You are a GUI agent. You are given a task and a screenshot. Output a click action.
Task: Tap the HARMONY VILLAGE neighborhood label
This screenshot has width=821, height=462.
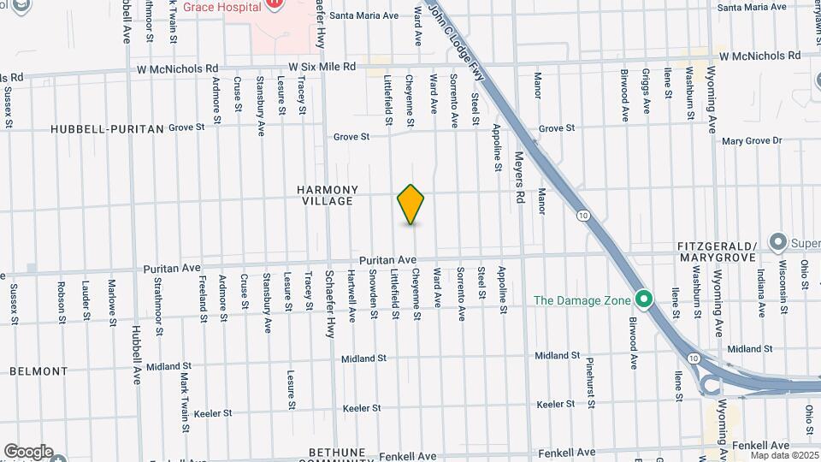point(327,195)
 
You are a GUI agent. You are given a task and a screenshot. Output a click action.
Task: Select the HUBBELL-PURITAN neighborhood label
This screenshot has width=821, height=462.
point(107,128)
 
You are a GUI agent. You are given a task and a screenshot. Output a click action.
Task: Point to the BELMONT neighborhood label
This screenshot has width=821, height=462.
point(38,371)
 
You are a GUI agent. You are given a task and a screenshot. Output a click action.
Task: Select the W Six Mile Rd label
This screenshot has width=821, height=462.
point(322,66)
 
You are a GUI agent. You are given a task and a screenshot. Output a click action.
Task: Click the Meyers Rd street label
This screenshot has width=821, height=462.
point(518,178)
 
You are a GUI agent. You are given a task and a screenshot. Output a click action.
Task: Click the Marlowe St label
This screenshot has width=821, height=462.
point(111,300)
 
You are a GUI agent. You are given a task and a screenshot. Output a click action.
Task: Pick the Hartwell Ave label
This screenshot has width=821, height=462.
point(351,296)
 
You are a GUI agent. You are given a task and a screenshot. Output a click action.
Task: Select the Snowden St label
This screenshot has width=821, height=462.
point(374,296)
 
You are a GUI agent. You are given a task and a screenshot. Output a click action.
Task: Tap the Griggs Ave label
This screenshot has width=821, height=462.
point(647,94)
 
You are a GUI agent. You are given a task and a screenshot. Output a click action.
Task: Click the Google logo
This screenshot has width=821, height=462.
point(28,452)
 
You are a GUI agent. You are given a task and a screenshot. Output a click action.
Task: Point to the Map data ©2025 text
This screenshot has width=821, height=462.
point(784,456)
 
